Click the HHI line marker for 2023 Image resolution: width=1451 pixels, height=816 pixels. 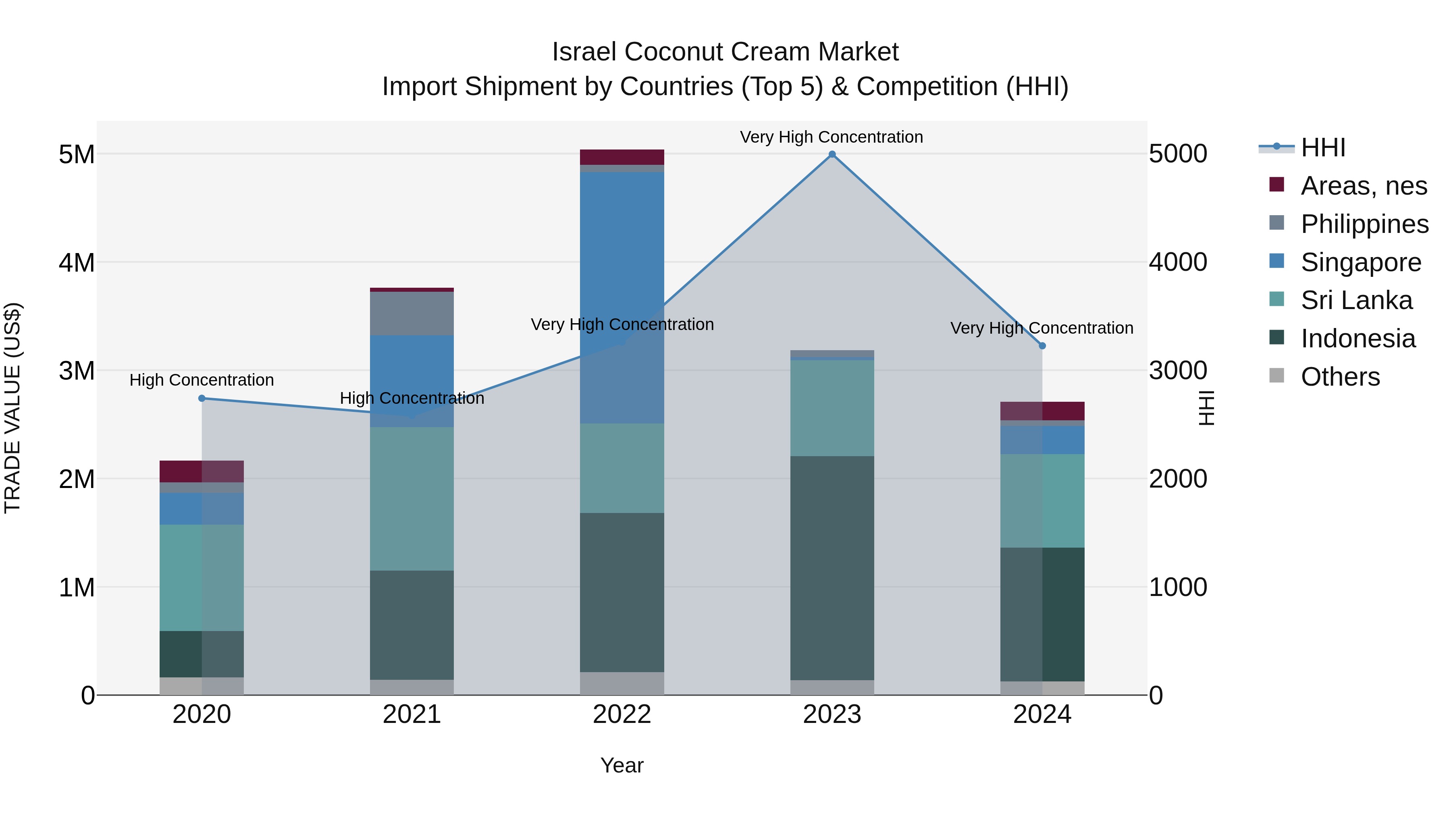point(832,154)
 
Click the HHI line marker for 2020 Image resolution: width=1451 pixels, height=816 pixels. point(202,398)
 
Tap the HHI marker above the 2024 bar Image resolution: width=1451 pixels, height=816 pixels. point(1042,346)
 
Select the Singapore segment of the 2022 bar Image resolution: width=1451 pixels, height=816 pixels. point(622,297)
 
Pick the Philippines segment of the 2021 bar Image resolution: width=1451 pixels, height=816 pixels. point(412,313)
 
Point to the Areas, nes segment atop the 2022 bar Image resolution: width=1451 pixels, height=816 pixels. point(622,157)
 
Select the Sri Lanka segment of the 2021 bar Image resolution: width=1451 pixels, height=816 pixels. point(412,498)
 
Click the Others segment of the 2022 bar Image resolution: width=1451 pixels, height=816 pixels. point(622,683)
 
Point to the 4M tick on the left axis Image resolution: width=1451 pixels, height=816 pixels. point(77,262)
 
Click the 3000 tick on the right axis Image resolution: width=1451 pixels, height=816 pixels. point(1178,371)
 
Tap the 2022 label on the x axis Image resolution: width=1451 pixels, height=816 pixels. point(622,714)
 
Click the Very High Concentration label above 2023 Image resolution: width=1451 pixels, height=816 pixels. point(832,137)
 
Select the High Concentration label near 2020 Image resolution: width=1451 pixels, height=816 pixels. point(202,380)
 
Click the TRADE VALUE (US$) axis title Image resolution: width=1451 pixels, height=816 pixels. point(12,408)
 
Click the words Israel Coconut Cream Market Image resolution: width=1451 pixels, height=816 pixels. point(725,52)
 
